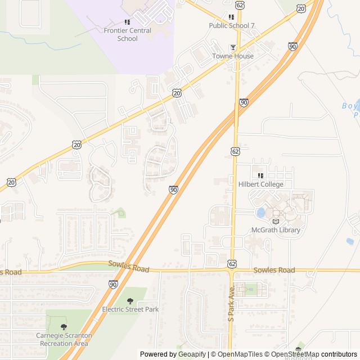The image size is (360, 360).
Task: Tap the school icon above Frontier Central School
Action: (x=127, y=21)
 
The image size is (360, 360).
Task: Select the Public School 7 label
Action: (x=232, y=25)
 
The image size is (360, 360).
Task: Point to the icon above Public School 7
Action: (x=232, y=17)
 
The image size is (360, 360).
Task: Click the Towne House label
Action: (x=233, y=56)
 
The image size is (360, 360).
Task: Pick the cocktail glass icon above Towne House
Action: (x=233, y=47)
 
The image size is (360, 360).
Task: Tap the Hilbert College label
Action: (x=260, y=184)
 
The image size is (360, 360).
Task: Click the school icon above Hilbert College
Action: (x=260, y=175)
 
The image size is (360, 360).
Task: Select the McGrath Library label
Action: (x=276, y=230)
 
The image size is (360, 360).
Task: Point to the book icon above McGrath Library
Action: (x=276, y=221)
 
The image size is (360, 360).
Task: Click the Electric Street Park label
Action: (x=130, y=309)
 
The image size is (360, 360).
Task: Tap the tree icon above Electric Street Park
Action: (x=130, y=301)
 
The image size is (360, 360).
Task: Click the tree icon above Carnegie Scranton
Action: (x=63, y=327)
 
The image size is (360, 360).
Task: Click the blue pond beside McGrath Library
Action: (x=260, y=213)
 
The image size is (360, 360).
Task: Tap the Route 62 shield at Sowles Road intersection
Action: (x=232, y=263)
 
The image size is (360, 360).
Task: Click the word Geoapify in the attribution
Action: (x=192, y=354)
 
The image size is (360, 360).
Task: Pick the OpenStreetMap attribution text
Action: (x=295, y=354)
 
